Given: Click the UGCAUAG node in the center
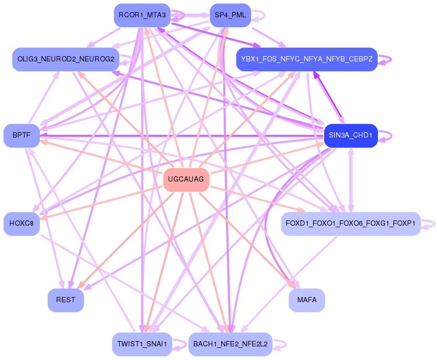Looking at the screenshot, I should pos(186,180).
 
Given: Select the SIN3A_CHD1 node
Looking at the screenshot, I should pos(350,135).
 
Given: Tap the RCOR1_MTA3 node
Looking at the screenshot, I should pos(142,15).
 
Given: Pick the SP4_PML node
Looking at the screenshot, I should pos(230,15).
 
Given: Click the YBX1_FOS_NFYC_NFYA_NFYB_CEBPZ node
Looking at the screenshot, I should pos(307,59).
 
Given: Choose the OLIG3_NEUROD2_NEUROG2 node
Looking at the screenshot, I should pos(66,59).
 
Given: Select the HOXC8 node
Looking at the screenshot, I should pos(22,224).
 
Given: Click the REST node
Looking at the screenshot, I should pos(66,300).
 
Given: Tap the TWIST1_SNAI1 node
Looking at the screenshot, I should pos(142,344).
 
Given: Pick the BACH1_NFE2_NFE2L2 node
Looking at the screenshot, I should pos(230,344).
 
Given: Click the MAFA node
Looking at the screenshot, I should pos(307,300).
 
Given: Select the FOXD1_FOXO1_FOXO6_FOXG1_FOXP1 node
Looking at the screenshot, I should pos(350,224).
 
